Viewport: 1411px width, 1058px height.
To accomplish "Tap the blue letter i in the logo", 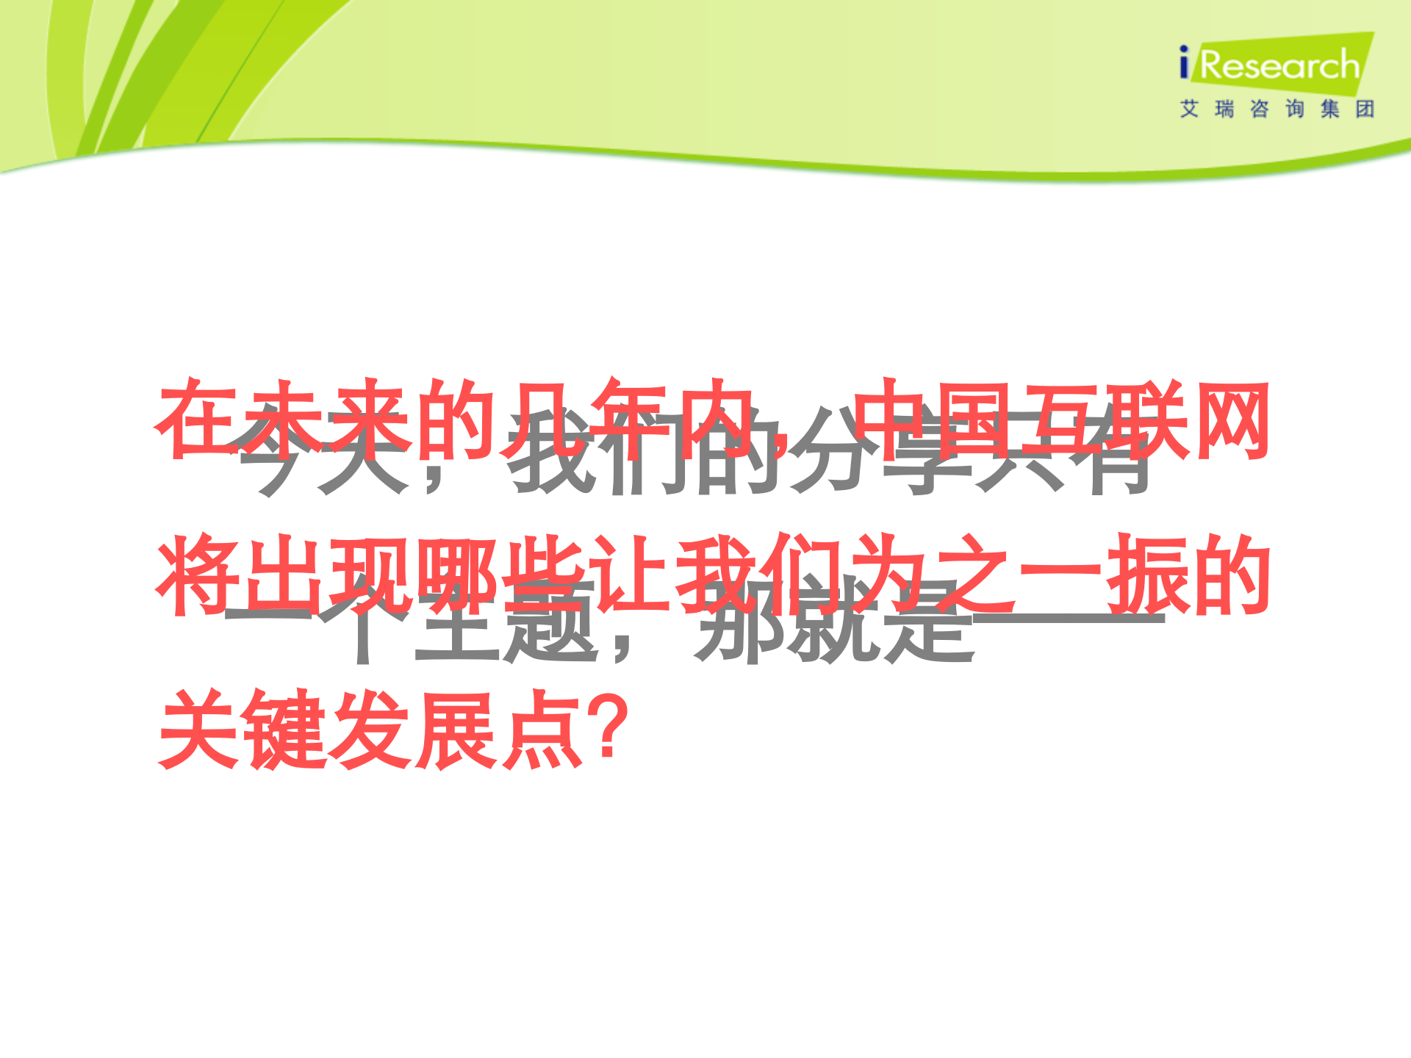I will (x=1183, y=62).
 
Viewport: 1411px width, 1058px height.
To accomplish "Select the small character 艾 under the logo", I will (x=1189, y=109).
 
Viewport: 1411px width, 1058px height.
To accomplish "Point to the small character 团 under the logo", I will (x=1365, y=109).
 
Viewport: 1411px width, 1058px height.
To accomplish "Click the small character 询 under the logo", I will (x=1294, y=109).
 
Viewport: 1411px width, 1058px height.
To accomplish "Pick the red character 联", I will (x=1146, y=420).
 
